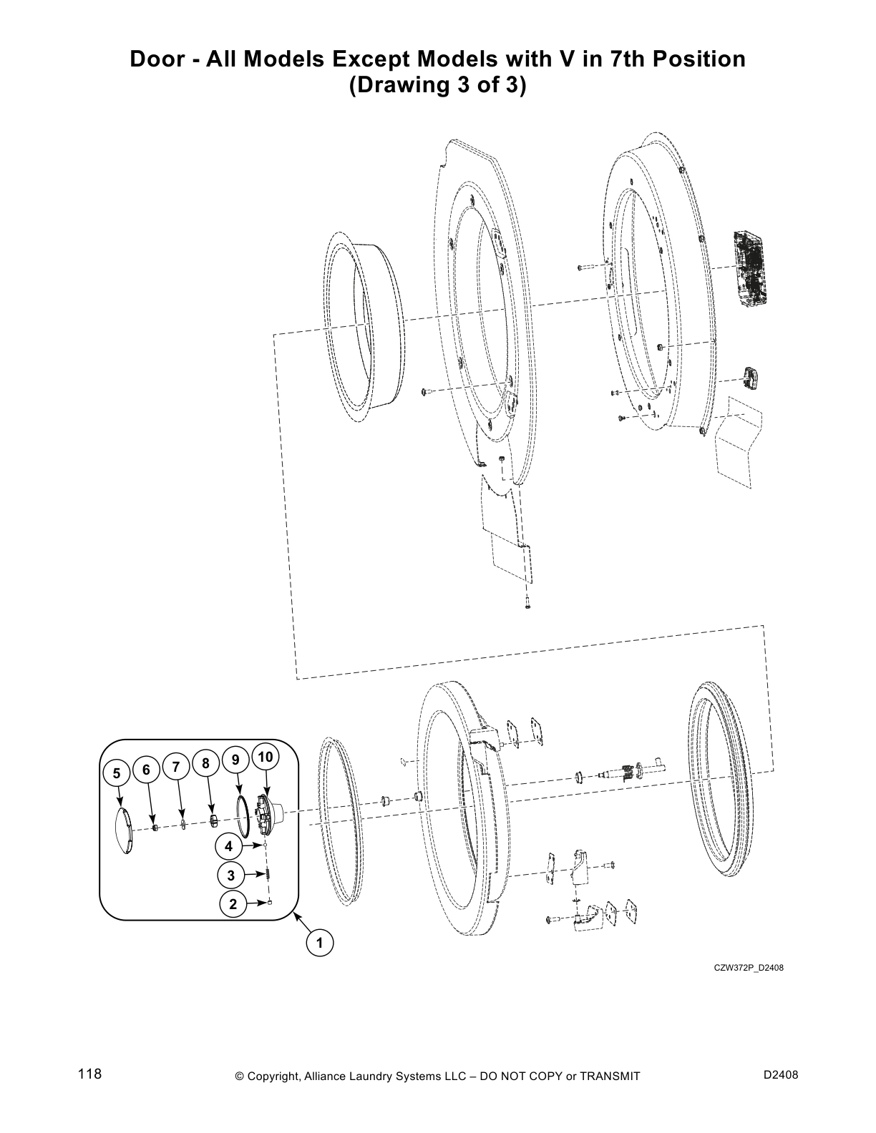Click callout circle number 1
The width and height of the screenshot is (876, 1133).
[x=320, y=943]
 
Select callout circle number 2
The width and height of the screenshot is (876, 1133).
[x=233, y=903]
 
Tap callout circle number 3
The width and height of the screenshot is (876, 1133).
[x=230, y=874]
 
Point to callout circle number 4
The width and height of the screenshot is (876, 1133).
[x=228, y=846]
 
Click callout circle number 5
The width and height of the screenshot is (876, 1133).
[x=116, y=773]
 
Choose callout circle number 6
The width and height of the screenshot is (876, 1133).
[x=146, y=770]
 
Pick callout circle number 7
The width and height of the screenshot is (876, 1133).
[x=175, y=766]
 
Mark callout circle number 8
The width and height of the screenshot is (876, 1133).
[x=205, y=763]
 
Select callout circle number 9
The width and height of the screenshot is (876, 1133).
[x=235, y=760]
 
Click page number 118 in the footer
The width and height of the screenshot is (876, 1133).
[x=90, y=1074]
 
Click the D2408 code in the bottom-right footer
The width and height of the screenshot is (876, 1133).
[x=781, y=1075]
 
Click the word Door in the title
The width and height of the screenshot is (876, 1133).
[x=155, y=59]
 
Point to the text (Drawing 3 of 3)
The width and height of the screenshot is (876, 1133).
[x=437, y=85]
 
